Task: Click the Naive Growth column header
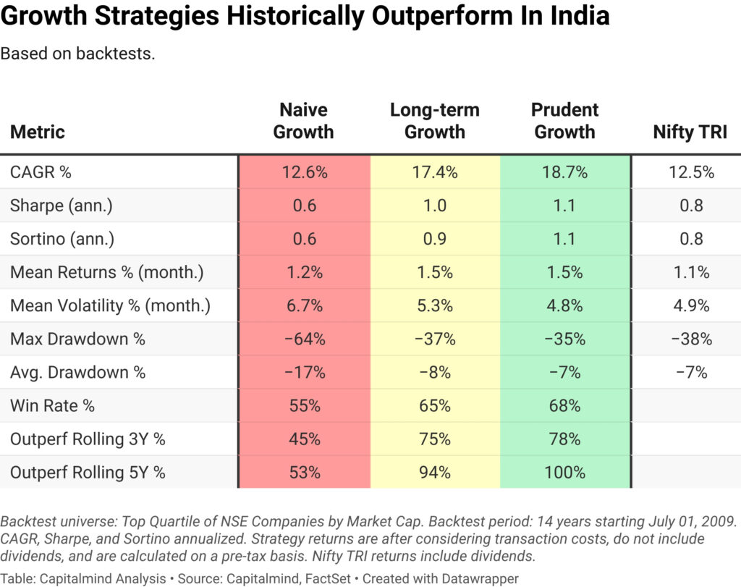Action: (304, 121)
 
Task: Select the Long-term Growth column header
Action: (434, 121)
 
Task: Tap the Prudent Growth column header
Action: (564, 121)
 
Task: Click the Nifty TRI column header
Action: (690, 132)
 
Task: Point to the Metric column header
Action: (38, 132)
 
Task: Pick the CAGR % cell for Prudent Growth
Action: (564, 172)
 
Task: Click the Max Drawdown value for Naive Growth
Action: (304, 339)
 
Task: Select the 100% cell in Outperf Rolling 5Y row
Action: (564, 472)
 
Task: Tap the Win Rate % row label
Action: (52, 405)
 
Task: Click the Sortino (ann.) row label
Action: (62, 239)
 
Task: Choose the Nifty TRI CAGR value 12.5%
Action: (691, 172)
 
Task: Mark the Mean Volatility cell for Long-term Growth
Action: (434, 305)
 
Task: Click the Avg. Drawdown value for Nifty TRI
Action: (691, 372)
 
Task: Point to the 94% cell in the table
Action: (434, 472)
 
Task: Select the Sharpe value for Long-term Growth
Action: (434, 206)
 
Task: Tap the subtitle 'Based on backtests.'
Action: (78, 54)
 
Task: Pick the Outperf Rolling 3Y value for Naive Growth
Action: (304, 439)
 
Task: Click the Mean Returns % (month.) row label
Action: (106, 272)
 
